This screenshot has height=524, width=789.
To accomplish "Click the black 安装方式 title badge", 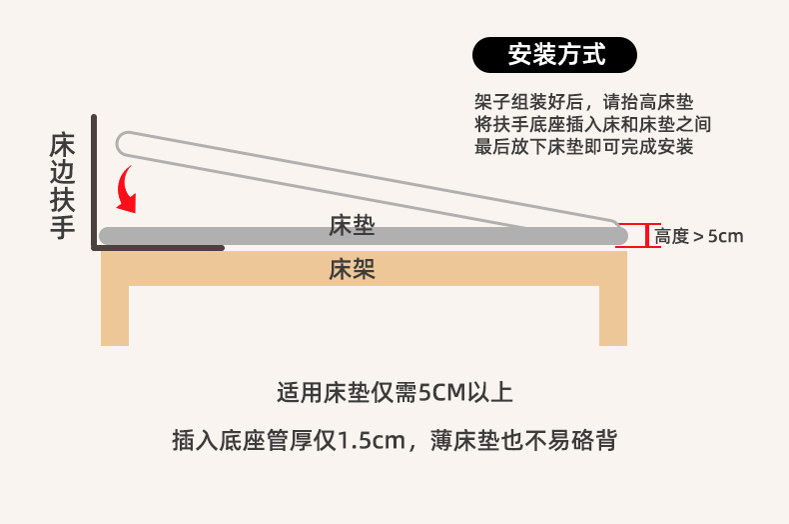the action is point(554,54).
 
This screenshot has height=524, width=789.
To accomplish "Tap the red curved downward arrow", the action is point(124,189).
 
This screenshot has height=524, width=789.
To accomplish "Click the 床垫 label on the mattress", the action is point(352,225).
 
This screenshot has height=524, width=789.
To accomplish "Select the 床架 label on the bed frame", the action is point(352,269).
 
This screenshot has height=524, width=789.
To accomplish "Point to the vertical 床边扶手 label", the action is point(62,185).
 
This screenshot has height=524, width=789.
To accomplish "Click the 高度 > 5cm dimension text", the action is point(699,236).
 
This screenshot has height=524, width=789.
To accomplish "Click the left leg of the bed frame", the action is point(115,315).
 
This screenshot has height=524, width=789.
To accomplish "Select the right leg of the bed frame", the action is point(613,315).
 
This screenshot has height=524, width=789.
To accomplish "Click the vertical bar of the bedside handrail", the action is point(94,181).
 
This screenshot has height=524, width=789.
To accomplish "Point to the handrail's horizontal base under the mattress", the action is point(158,248).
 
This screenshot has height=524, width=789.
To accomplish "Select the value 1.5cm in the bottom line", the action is point(372,441).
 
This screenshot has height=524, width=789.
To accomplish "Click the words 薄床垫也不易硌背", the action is point(523,440).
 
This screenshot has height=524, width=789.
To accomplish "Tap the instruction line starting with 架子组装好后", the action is point(583,102).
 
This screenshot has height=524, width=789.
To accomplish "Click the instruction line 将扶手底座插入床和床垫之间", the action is point(593,124).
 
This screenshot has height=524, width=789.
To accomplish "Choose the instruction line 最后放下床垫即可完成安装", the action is point(583,147).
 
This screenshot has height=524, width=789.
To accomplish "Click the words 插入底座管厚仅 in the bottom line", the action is point(255,440).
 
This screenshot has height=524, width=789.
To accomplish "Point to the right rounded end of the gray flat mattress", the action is point(621,236).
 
